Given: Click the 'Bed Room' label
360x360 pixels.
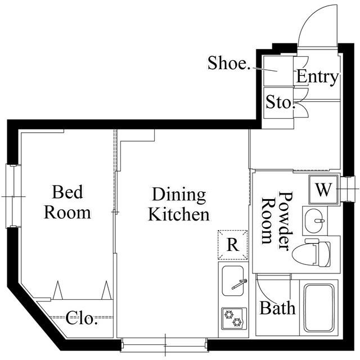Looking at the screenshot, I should coord(67,202).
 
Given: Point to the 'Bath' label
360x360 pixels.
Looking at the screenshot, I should coord(277,308).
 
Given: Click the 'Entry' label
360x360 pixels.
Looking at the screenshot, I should coord(317,77).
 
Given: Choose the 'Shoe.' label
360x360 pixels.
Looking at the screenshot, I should coord(229,63).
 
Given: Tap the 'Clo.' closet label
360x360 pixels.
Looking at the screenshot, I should coord(82,319).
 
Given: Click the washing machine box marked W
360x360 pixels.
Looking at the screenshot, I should coord(323,190).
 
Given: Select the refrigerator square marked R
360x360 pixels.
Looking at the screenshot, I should coord(232,244).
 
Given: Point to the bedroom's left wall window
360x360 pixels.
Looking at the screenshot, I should coord(12,196).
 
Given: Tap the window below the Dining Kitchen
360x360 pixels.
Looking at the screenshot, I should coord(164,342).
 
